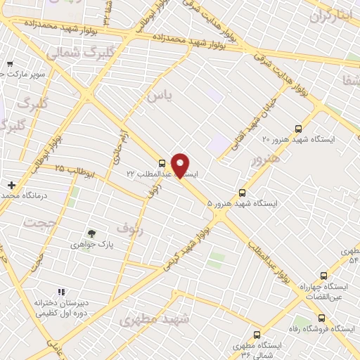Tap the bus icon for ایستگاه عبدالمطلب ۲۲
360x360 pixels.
(x=162, y=161)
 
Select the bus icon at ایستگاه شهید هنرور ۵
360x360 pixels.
(x=243, y=192)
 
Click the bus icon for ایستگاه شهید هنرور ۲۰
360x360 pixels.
(x=299, y=129)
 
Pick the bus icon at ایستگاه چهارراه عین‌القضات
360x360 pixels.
(x=323, y=276)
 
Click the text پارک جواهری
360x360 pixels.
(x=91, y=245)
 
